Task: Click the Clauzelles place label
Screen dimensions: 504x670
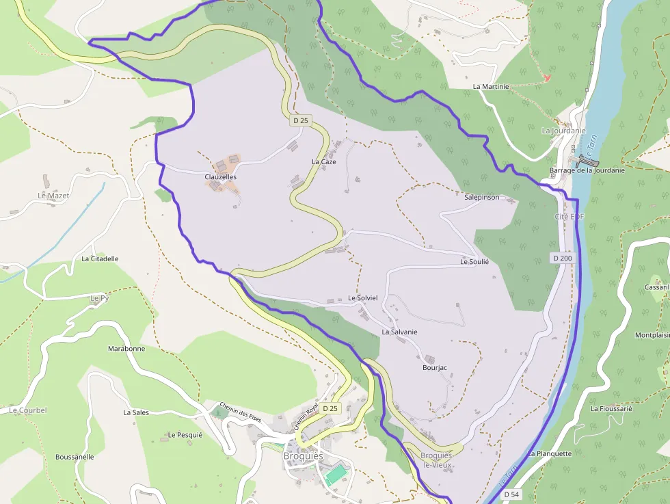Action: [x=220, y=176]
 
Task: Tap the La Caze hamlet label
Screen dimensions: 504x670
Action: [x=323, y=162]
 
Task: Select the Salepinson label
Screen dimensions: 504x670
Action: [x=481, y=197]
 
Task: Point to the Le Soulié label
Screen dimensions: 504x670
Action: [x=474, y=262]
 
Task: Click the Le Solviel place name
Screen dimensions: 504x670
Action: [x=362, y=298]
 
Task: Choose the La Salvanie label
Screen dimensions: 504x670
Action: [x=399, y=332]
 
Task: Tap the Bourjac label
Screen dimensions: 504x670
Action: [x=434, y=368]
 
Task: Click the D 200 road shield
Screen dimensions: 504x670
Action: [x=562, y=258]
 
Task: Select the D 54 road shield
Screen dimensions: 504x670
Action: [x=511, y=494]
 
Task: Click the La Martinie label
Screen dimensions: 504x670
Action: [x=491, y=87]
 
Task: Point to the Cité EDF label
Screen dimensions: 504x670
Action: [x=570, y=216]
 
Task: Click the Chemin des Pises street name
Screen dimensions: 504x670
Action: [x=241, y=411]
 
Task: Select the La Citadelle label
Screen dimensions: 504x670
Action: [x=100, y=259]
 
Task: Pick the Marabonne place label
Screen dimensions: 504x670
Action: [x=126, y=349]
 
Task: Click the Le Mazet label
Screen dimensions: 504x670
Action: [x=53, y=196]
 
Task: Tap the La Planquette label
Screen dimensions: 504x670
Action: [x=549, y=453]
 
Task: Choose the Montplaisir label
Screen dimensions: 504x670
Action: [x=652, y=335]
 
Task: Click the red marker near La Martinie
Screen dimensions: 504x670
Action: [x=546, y=78]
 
